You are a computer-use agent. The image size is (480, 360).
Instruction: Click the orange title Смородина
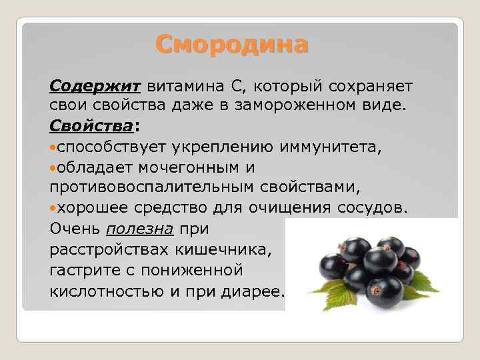231,45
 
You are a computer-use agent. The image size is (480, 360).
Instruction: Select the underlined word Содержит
95,86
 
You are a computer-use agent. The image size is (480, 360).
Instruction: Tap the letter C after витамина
237,86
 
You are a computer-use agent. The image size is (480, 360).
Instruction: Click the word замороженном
295,105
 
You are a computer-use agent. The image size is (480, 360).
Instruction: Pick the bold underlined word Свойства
91,126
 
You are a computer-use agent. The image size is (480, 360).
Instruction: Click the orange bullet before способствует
53,148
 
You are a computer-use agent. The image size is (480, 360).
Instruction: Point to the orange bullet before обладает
53,168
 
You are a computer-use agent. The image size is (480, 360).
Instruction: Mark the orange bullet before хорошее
53,209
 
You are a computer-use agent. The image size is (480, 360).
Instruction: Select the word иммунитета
331,147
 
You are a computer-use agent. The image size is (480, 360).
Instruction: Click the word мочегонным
189,168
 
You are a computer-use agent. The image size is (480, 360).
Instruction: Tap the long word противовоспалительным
151,187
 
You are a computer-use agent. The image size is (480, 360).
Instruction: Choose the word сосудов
373,208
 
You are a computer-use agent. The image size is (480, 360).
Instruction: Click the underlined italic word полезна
140,229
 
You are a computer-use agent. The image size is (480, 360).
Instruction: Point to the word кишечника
223,250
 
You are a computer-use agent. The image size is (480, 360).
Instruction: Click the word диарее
253,291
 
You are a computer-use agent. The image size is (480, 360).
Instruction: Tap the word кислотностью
107,291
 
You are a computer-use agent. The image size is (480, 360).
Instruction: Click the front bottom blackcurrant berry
385,291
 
